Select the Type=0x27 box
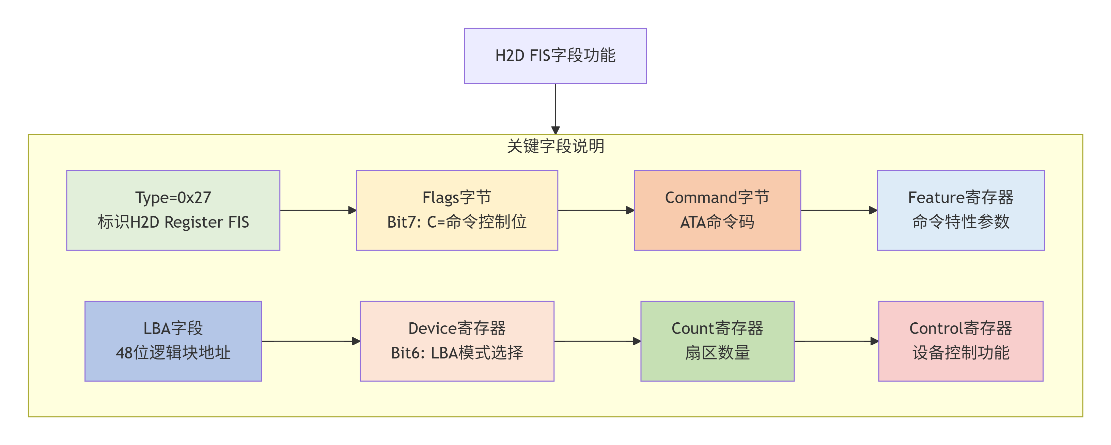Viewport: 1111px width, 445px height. tap(173, 210)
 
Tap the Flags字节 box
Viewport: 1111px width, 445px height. tap(457, 210)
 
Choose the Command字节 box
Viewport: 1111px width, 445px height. tap(717, 210)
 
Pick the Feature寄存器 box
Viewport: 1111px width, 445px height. tap(960, 210)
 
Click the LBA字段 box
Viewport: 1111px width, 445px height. tap(173, 341)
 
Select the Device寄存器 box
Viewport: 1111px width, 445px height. tap(457, 341)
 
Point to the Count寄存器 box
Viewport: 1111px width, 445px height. tap(717, 341)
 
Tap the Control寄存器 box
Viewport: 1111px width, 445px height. tap(960, 341)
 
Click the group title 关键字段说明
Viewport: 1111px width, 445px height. tap(555, 146)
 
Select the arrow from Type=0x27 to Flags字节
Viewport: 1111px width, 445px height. tap(318, 211)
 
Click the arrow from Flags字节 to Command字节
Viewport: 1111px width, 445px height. tap(596, 211)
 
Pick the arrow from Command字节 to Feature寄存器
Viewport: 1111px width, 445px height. tap(839, 211)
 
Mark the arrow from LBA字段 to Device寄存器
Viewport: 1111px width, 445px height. tap(311, 341)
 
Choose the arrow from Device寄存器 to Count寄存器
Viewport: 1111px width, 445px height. tap(597, 341)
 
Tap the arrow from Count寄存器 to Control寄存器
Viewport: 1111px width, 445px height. tap(836, 341)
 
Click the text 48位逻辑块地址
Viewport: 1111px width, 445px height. tap(173, 353)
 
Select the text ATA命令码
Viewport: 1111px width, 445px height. tap(717, 222)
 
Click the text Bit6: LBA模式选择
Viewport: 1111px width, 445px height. tap(457, 353)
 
